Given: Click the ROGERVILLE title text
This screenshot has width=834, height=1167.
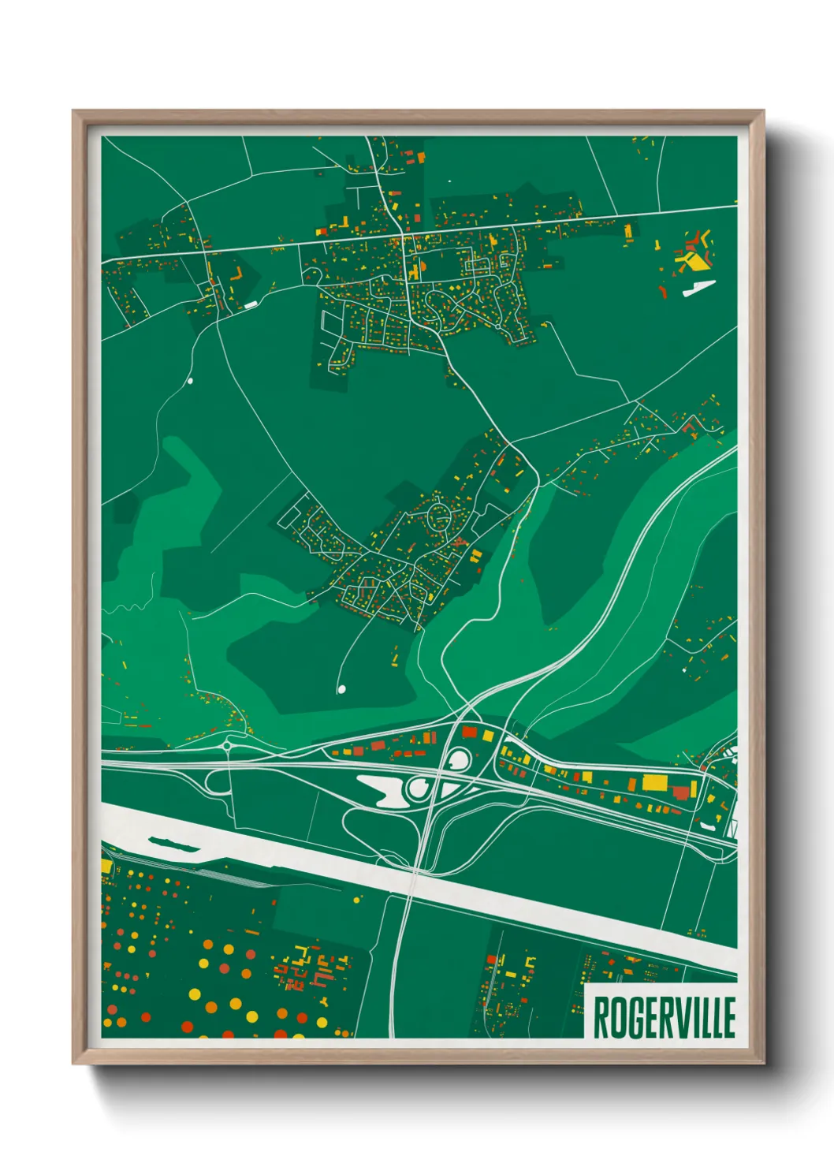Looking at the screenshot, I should pyautogui.click(x=664, y=1017).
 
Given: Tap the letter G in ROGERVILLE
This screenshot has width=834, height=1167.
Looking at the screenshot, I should pyautogui.click(x=629, y=1017).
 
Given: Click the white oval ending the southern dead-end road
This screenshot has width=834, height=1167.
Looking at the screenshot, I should pyautogui.click(x=341, y=689).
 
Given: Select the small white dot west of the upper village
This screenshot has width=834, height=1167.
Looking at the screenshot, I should pyautogui.click(x=189, y=381).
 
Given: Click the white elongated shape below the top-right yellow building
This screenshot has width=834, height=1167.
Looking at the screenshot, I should pyautogui.click(x=698, y=289).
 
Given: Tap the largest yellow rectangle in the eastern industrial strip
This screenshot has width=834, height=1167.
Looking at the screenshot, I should pyautogui.click(x=654, y=782).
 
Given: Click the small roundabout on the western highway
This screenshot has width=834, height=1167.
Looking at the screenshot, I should pyautogui.click(x=227, y=745).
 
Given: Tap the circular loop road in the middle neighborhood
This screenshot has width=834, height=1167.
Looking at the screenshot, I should pyautogui.click(x=439, y=518).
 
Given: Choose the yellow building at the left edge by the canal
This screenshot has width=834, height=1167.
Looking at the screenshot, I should pyautogui.click(x=106, y=866).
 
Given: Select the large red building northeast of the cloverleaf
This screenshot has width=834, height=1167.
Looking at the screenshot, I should pyautogui.click(x=470, y=733).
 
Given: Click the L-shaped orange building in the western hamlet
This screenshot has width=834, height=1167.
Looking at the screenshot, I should pyautogui.click(x=236, y=274).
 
